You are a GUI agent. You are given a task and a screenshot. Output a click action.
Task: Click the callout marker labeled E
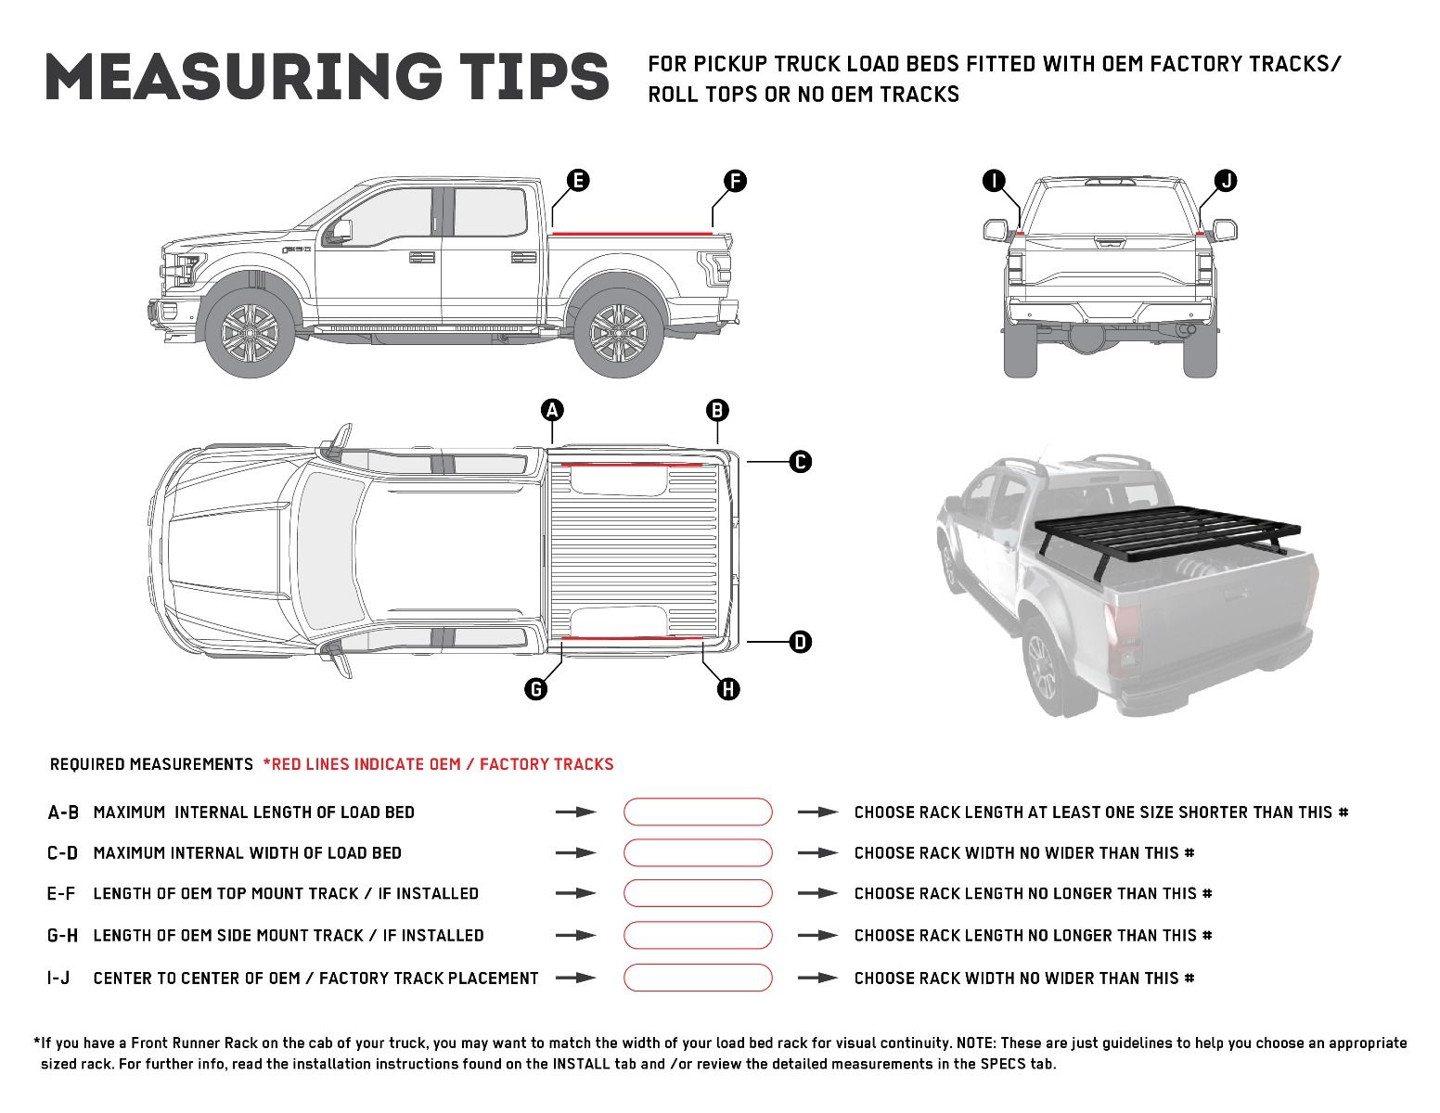577,180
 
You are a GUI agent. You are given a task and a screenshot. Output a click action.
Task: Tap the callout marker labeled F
734,181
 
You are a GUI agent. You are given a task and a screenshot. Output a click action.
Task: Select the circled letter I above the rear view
994,181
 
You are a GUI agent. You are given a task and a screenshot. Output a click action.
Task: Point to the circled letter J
1226,181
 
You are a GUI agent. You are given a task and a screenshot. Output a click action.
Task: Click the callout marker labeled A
552,410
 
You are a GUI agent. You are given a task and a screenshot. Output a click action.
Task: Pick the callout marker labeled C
800,461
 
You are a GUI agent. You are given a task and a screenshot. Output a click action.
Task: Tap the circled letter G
535,688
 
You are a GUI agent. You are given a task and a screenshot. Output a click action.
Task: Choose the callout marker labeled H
728,688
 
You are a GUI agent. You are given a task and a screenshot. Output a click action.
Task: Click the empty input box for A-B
698,812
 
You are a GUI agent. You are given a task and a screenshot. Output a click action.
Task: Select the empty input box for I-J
698,978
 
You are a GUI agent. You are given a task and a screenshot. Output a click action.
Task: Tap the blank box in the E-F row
698,893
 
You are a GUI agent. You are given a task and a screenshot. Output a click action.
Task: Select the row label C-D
62,853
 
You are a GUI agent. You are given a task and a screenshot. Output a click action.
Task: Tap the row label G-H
62,936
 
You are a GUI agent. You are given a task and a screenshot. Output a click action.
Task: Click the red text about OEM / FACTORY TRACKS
439,764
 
